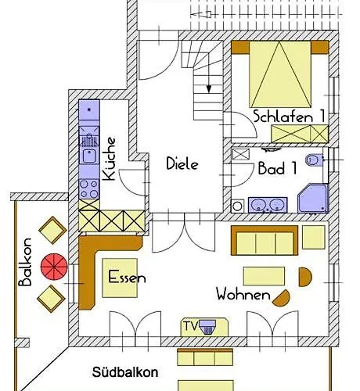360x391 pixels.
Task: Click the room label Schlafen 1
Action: coord(289,116)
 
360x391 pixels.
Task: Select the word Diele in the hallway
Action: coord(182,164)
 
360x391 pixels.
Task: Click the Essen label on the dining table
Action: coord(127,278)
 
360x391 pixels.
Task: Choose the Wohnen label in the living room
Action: coord(244,296)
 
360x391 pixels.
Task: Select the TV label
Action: coord(189,324)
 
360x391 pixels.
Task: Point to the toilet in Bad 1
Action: coord(315,160)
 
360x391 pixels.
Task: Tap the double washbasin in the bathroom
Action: coord(268,205)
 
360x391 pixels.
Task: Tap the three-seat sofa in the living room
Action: coord(264,241)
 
